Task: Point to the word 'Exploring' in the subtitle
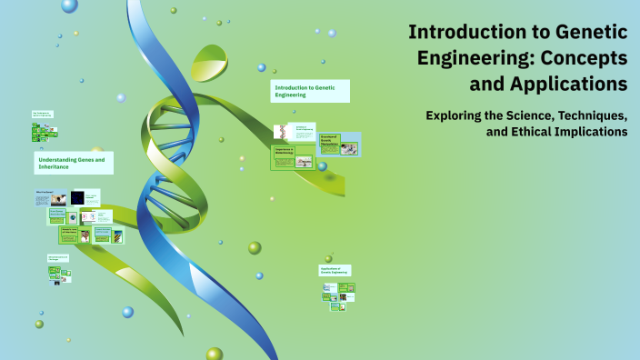(x=458, y=115)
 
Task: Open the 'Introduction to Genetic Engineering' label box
(x=309, y=90)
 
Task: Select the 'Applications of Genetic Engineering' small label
(x=335, y=271)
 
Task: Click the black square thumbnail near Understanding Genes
(x=77, y=197)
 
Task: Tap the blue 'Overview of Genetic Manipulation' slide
(x=338, y=144)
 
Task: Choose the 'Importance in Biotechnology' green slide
(x=293, y=157)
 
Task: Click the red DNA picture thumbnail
(x=281, y=132)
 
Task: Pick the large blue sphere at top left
(x=69, y=5)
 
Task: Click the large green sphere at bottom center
(x=215, y=354)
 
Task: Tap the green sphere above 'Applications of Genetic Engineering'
(x=328, y=258)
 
